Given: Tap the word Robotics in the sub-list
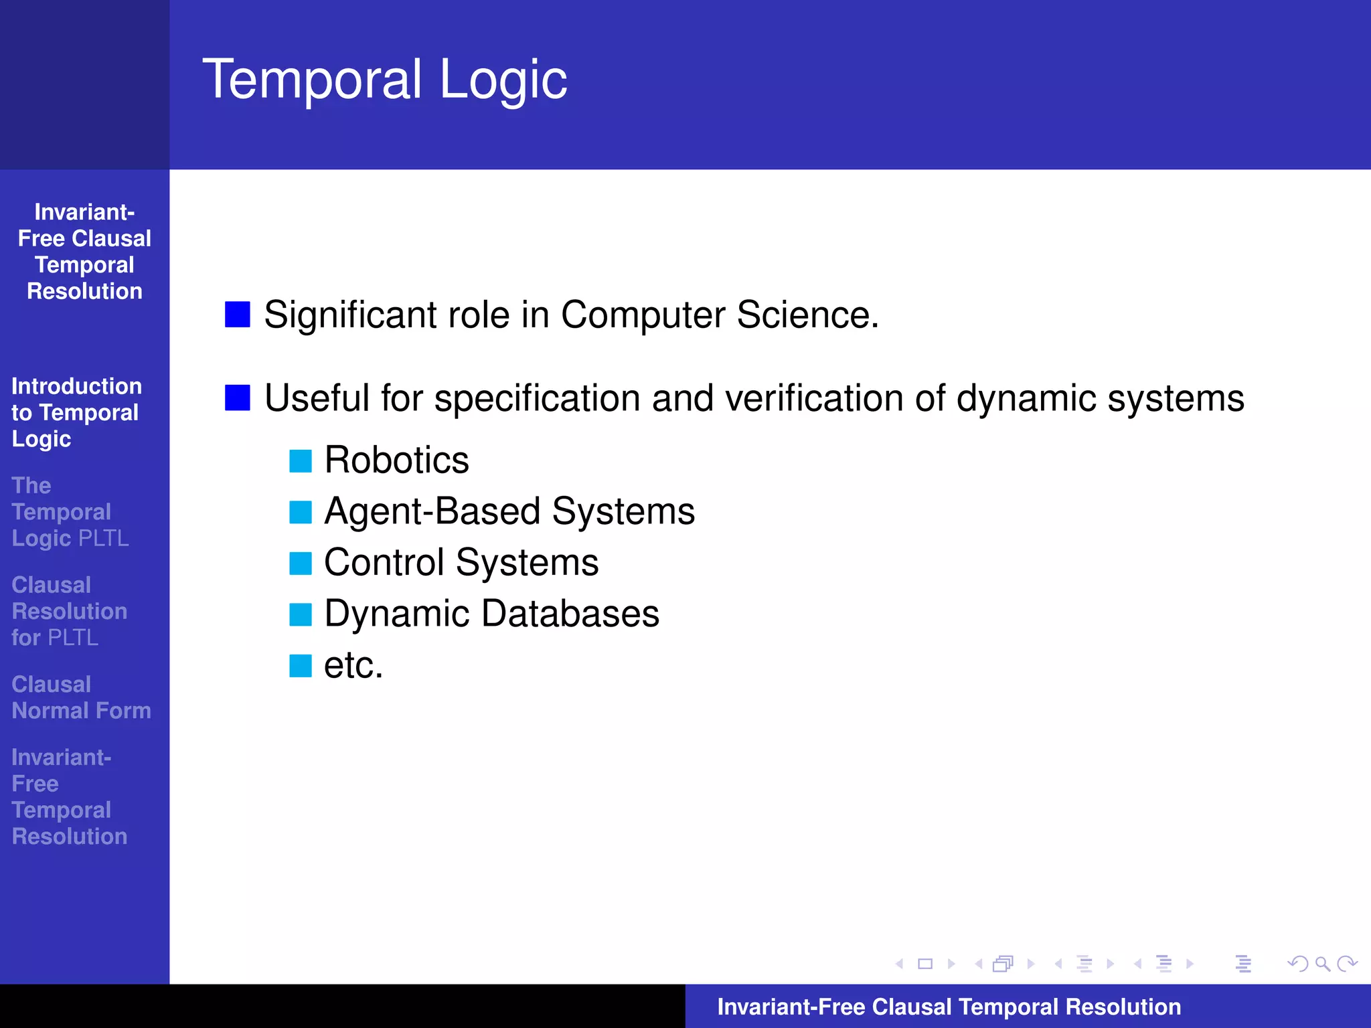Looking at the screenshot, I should click(396, 460).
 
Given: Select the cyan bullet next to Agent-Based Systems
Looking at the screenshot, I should click(301, 512).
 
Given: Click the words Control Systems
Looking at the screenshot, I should click(461, 562).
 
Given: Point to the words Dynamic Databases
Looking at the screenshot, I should click(491, 614).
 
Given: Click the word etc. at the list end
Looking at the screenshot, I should click(353, 665).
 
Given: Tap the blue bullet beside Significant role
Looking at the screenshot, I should click(238, 315).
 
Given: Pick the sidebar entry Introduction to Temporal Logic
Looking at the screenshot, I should click(76, 412).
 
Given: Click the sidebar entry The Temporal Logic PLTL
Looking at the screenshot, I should click(70, 512).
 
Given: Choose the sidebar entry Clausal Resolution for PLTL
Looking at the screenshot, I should click(69, 611).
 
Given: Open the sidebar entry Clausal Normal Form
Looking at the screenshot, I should click(81, 697).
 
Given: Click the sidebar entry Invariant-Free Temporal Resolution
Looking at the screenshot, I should click(69, 796).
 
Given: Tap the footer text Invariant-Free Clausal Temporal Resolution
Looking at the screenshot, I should click(949, 1007).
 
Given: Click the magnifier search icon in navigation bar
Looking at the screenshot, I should click(1322, 964).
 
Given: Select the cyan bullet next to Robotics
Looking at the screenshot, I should click(301, 461).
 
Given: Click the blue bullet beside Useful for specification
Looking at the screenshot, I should click(238, 398).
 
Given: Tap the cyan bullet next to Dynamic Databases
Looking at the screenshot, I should click(301, 614).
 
